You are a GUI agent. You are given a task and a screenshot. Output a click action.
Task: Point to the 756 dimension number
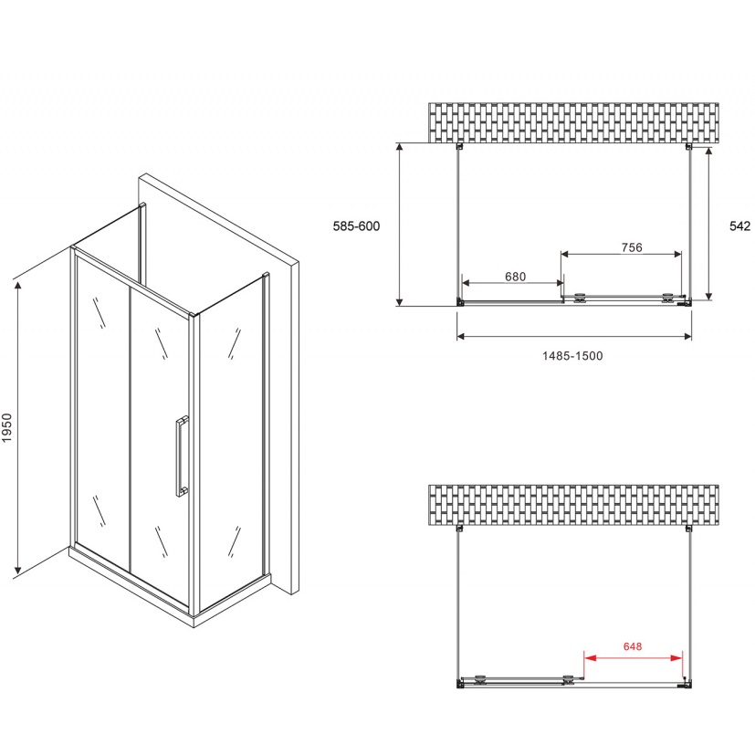point(632,246)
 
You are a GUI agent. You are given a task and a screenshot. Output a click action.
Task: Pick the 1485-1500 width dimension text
point(573,355)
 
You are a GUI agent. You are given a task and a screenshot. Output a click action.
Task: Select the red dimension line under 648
point(633,657)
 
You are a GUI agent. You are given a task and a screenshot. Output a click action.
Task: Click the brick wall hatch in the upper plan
point(573,122)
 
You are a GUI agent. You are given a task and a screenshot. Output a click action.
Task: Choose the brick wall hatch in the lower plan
point(573,505)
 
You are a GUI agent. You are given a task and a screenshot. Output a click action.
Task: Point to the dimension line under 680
point(510,285)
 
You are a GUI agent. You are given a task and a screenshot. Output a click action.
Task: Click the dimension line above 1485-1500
point(573,336)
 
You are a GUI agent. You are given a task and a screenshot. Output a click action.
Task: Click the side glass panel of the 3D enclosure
point(230,447)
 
